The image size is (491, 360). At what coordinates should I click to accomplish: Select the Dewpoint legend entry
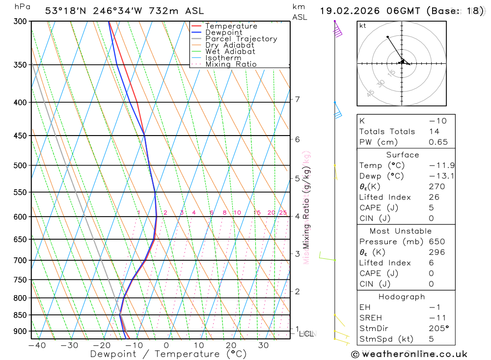point(223,32)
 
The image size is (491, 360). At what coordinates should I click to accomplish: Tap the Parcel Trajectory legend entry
point(241,39)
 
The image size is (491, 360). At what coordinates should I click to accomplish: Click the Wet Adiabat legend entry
point(230,52)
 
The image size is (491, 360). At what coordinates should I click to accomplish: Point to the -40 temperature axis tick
point(37,345)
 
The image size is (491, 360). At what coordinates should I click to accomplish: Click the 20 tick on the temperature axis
point(231,345)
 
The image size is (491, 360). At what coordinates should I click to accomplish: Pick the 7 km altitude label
point(297,100)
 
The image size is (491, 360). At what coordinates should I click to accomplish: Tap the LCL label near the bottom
point(306,334)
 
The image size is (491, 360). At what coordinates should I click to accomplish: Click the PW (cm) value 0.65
point(438,142)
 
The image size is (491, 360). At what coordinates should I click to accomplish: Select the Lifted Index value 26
point(434,197)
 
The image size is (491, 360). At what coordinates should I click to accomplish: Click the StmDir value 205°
point(438,329)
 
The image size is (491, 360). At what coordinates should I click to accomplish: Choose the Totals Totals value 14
point(433,132)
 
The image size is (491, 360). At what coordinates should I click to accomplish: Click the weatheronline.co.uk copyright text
point(409,354)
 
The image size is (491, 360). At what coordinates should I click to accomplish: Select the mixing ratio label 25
point(283,213)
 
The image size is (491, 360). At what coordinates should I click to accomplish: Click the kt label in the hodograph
point(363,26)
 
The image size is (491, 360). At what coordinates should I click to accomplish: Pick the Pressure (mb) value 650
point(436,242)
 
